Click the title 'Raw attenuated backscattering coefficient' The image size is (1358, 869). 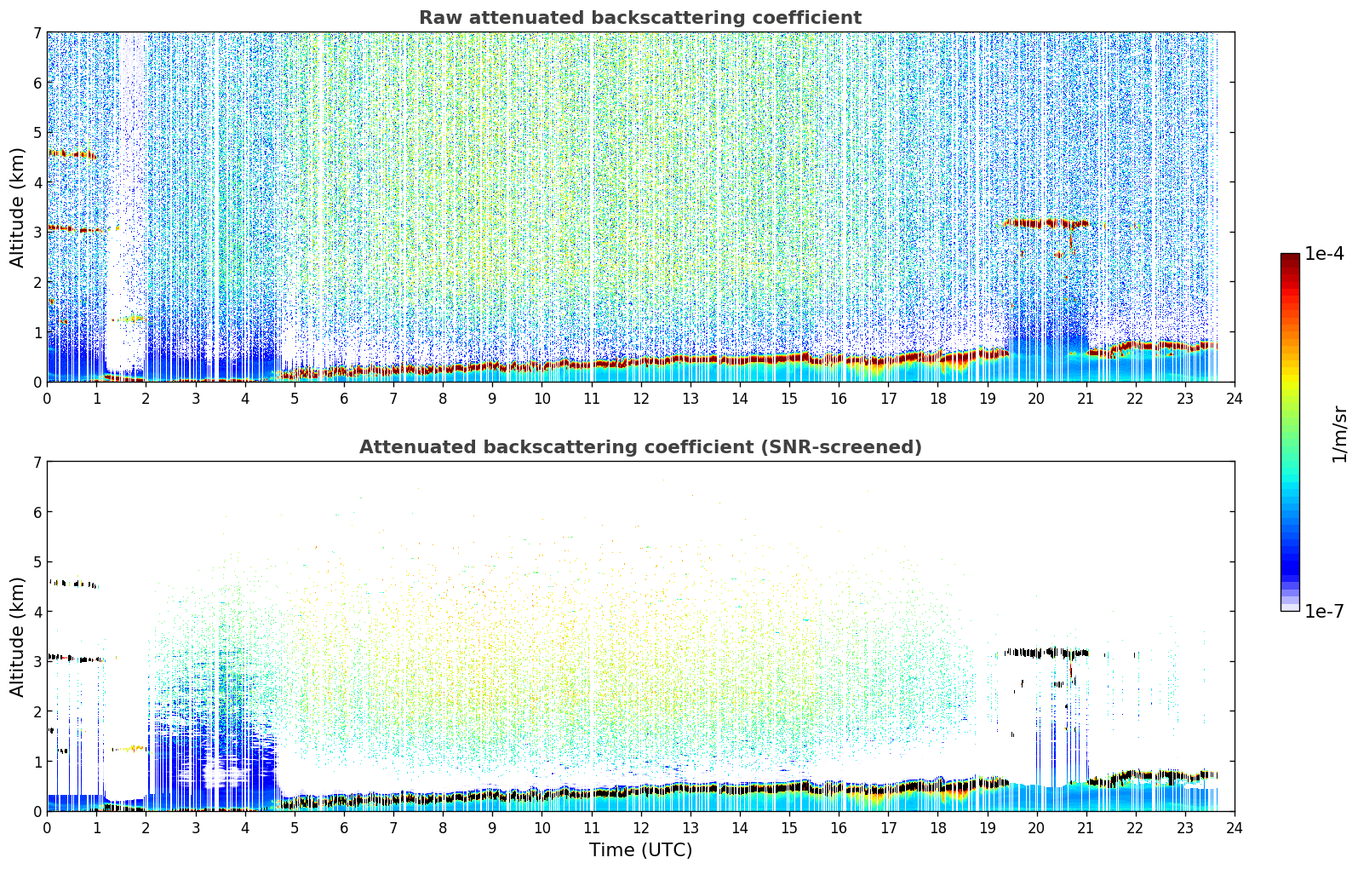[x=640, y=18]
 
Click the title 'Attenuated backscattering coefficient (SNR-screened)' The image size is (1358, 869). [x=640, y=447]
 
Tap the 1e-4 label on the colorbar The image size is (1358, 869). [x=1324, y=254]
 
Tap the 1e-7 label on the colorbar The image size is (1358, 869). [x=1324, y=611]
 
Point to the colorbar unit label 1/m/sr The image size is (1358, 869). [x=1339, y=435]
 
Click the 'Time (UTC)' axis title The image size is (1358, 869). [x=640, y=850]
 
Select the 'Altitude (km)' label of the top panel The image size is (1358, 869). [x=17, y=208]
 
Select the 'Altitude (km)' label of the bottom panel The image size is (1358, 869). [x=17, y=636]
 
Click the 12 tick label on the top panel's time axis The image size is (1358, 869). [x=641, y=399]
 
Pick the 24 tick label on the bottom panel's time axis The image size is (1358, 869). [x=1235, y=828]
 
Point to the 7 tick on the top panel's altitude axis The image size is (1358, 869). [x=37, y=32]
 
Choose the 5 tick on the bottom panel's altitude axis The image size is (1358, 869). [x=37, y=562]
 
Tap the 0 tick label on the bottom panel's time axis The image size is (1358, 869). [x=48, y=828]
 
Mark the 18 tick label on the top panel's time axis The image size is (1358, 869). [x=938, y=399]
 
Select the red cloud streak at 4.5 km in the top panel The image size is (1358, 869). [x=72, y=154]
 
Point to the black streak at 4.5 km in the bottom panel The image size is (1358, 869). [x=72, y=584]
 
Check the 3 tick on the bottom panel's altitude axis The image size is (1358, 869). [x=37, y=661]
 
